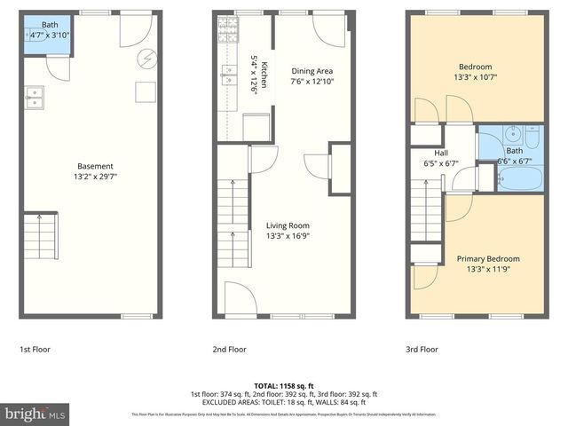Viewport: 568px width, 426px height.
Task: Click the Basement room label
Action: [x=95, y=166]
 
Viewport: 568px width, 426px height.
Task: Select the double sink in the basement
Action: [x=35, y=97]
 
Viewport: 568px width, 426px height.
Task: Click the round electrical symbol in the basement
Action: [x=146, y=59]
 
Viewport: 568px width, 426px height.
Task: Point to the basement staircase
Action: [x=40, y=235]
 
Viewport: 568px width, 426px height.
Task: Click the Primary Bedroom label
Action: [x=488, y=258]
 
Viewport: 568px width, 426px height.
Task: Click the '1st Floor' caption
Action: [x=35, y=350]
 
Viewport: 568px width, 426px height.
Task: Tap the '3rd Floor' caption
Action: [x=422, y=350]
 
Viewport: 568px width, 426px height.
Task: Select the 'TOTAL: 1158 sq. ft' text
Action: [x=283, y=385]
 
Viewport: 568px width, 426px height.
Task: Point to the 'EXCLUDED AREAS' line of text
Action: [x=283, y=402]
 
